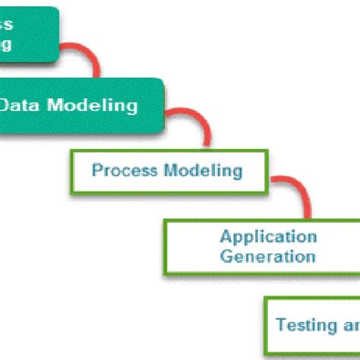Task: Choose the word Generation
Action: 267,256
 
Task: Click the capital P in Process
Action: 97,170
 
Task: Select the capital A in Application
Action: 226,237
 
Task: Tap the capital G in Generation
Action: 226,256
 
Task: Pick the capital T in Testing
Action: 280,325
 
